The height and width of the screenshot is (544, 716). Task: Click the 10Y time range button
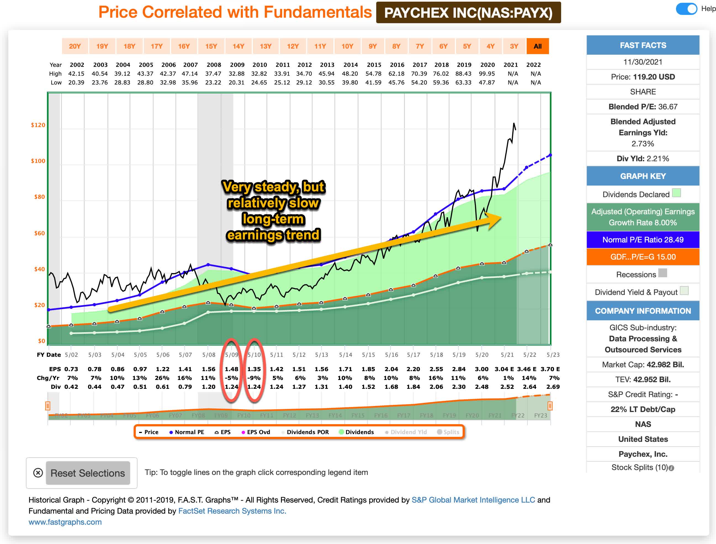347,46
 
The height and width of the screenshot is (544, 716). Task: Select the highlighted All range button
537,46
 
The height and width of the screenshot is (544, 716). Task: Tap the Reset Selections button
88,473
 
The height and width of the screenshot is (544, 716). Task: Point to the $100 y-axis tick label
38,161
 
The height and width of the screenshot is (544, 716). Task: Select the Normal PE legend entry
187,432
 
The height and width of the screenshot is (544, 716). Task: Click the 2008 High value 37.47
213,74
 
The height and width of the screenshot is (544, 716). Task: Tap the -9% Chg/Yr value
254,378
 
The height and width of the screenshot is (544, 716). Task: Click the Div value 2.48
482,387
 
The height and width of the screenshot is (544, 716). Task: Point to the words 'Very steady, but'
274,187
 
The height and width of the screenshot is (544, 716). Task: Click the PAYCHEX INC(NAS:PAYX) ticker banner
468,13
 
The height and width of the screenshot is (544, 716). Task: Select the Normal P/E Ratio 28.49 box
643,240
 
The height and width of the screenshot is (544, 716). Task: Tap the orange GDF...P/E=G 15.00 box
643,257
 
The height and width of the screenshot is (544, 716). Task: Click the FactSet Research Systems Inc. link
232,511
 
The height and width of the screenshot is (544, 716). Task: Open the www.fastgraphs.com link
65,522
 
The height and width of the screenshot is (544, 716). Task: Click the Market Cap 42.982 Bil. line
643,365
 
